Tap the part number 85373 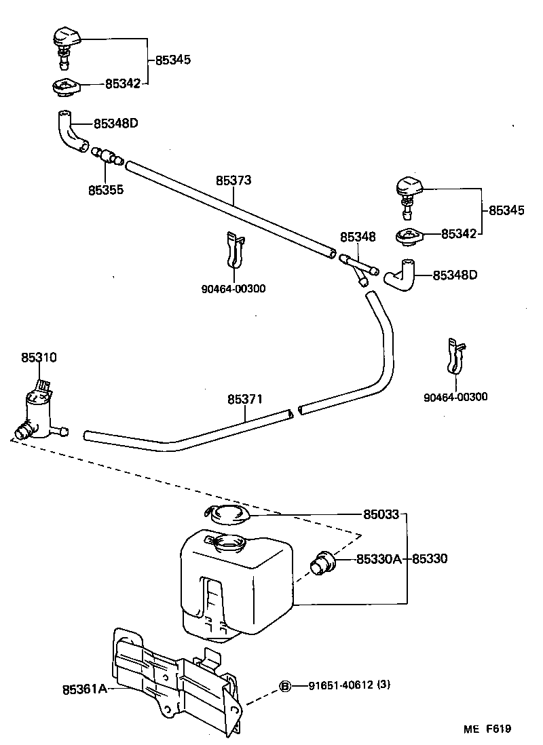tap(233, 180)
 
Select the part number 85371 tap(245, 400)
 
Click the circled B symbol tap(285, 686)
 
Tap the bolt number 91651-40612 tap(333, 686)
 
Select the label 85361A tap(84, 689)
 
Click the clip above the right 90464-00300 tap(455, 356)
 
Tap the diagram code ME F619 tap(487, 729)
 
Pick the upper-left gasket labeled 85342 tap(67, 88)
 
